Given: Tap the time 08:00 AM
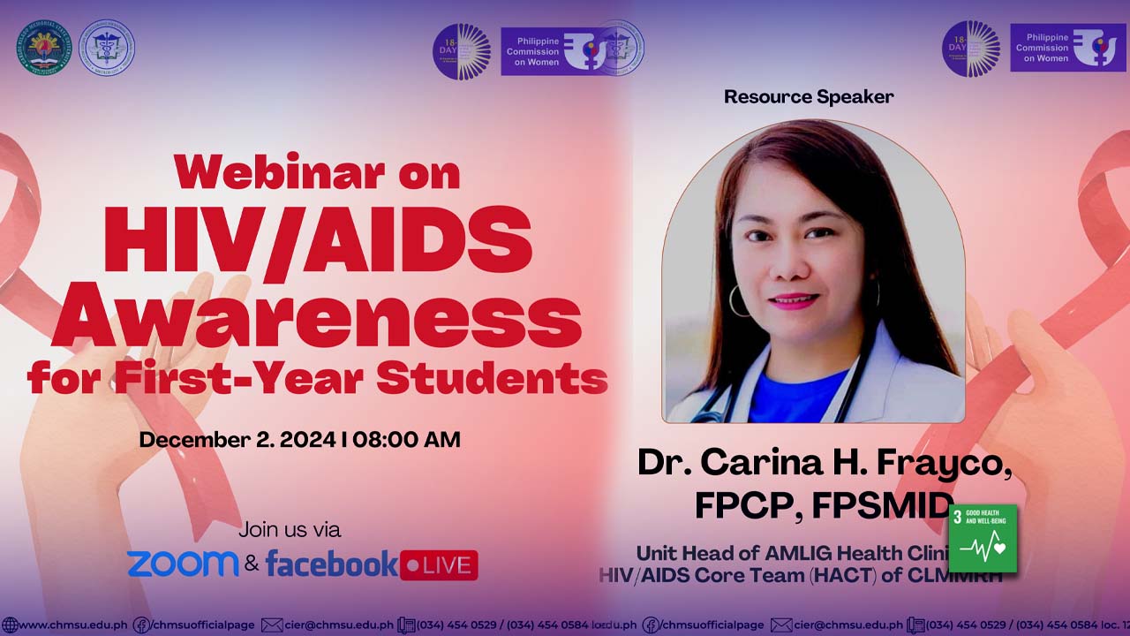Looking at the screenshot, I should [407, 439].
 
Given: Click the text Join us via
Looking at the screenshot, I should [290, 530].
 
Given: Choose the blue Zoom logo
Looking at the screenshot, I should [183, 564].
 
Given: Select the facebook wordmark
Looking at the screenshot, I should [332, 564].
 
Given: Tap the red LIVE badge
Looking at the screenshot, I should [439, 565].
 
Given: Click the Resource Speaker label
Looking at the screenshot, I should [809, 97].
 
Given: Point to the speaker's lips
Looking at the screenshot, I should [794, 300].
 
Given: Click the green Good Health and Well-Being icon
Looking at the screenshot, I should [983, 538].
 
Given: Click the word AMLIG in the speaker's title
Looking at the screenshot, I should [806, 554].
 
